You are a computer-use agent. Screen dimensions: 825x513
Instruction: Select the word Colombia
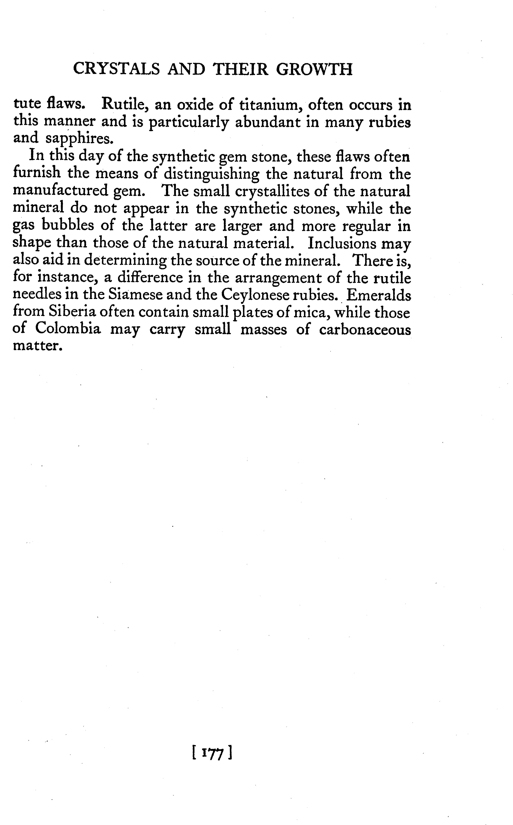click(x=68, y=329)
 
